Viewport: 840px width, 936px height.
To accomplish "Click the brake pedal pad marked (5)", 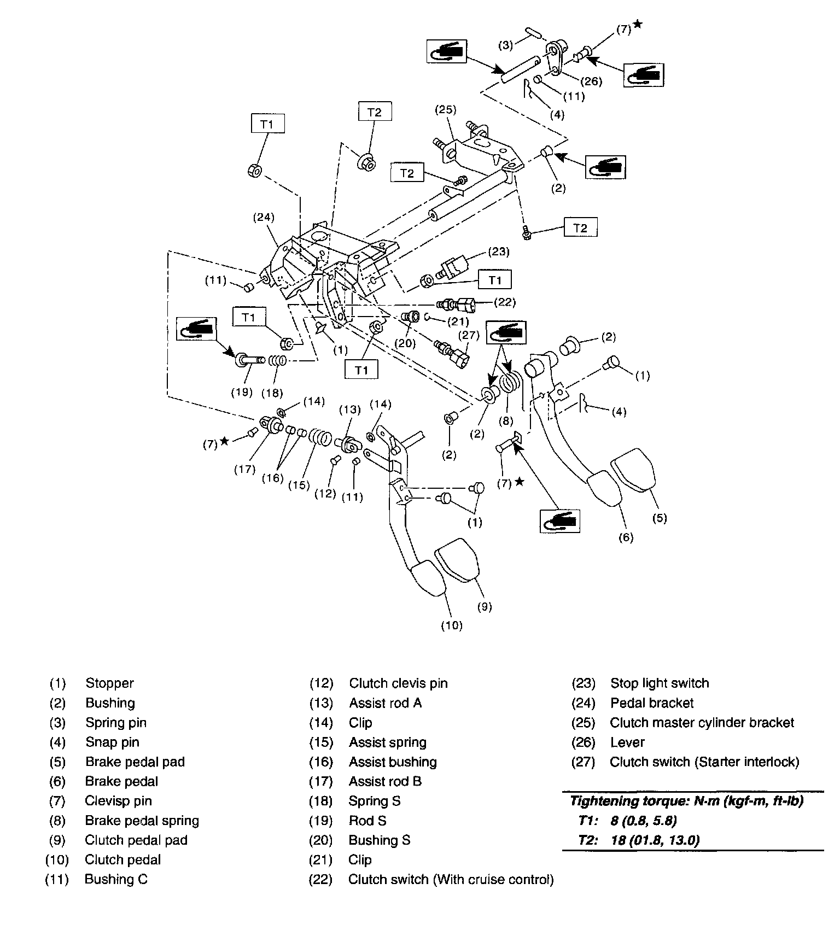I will pyautogui.click(x=634, y=472).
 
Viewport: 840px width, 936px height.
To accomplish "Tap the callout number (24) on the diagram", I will pyautogui.click(x=263, y=217).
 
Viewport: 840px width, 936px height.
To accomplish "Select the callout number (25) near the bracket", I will pyautogui.click(x=445, y=109).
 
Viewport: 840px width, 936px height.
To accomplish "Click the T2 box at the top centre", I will pyautogui.click(x=374, y=112).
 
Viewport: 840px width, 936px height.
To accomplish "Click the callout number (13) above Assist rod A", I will pyautogui.click(x=351, y=409).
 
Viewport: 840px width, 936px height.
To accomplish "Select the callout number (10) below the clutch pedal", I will pyautogui.click(x=452, y=625).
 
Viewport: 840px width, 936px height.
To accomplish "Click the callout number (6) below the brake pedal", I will pyautogui.click(x=626, y=537).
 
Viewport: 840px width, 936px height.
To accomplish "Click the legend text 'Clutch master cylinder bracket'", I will pyautogui.click(x=702, y=722).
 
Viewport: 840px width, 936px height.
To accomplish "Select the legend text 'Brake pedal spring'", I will pyautogui.click(x=142, y=821).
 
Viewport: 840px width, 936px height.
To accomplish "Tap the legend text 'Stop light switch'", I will pyautogui.click(x=660, y=683).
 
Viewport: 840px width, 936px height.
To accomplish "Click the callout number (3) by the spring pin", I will pyautogui.click(x=506, y=45).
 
